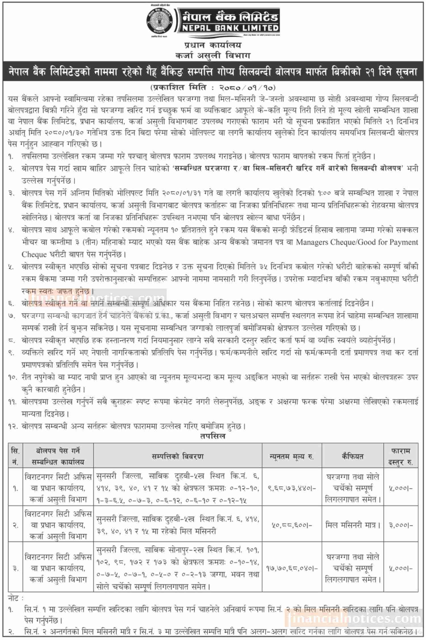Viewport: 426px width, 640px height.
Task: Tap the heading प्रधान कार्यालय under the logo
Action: click(x=212, y=45)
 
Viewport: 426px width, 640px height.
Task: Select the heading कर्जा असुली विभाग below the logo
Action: click(x=212, y=55)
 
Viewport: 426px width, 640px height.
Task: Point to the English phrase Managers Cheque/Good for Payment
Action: click(x=357, y=242)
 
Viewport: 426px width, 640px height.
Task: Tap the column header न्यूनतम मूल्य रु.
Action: click(x=292, y=456)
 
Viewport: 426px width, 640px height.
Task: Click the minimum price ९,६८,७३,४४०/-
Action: click(x=292, y=488)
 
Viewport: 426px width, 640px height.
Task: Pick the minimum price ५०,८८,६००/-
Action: click(x=292, y=525)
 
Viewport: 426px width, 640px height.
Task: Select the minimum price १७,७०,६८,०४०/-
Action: click(x=292, y=568)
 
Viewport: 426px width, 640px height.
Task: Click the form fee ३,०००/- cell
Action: click(x=401, y=525)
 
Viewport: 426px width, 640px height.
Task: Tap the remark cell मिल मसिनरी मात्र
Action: click(x=352, y=525)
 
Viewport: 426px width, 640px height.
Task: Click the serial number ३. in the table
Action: click(x=15, y=568)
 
